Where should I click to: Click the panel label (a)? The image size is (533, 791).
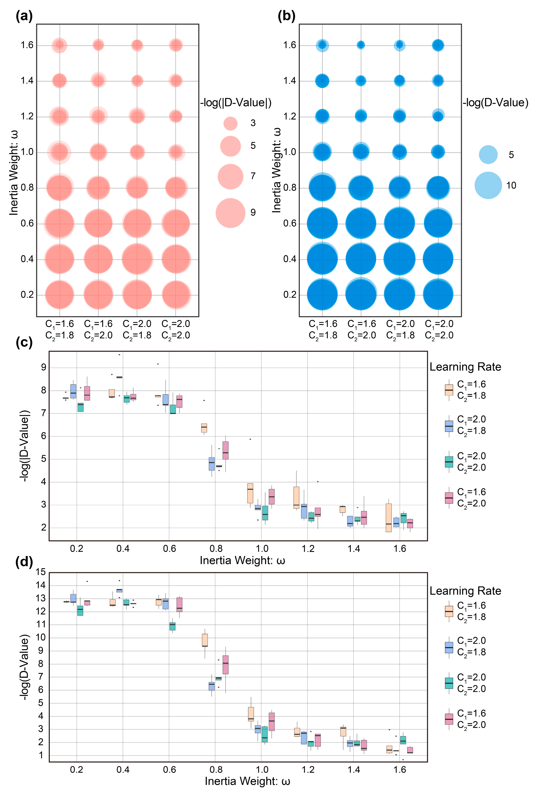click(24, 16)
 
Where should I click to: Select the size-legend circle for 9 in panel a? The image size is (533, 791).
click(230, 213)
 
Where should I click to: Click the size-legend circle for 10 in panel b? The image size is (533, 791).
click(488, 185)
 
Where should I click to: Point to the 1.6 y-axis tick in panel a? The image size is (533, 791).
click(27, 45)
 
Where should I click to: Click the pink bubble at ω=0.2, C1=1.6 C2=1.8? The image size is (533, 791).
click(60, 295)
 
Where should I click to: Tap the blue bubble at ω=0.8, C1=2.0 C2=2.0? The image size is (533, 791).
click(438, 188)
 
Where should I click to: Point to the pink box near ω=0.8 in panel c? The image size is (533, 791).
click(225, 450)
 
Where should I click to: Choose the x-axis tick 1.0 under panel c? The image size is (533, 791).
click(262, 549)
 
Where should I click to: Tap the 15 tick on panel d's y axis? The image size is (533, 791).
click(41, 572)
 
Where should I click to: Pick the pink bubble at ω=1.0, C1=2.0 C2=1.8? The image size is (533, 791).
click(137, 152)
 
